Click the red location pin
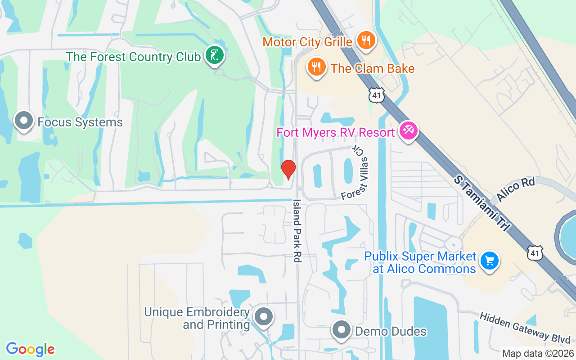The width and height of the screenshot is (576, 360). [x=288, y=169]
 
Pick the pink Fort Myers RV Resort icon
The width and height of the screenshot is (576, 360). [x=409, y=131]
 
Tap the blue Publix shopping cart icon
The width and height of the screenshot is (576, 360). [x=489, y=261]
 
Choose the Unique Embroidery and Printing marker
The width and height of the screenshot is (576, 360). [x=263, y=316]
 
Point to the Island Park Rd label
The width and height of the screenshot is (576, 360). [x=297, y=231]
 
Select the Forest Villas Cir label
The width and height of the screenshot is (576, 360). [x=355, y=173]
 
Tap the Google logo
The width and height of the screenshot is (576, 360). [x=30, y=349]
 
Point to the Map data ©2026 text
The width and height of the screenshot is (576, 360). [x=537, y=354]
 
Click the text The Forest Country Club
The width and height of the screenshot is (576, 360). [x=133, y=57]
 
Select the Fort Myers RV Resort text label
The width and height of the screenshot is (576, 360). [x=336, y=132]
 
